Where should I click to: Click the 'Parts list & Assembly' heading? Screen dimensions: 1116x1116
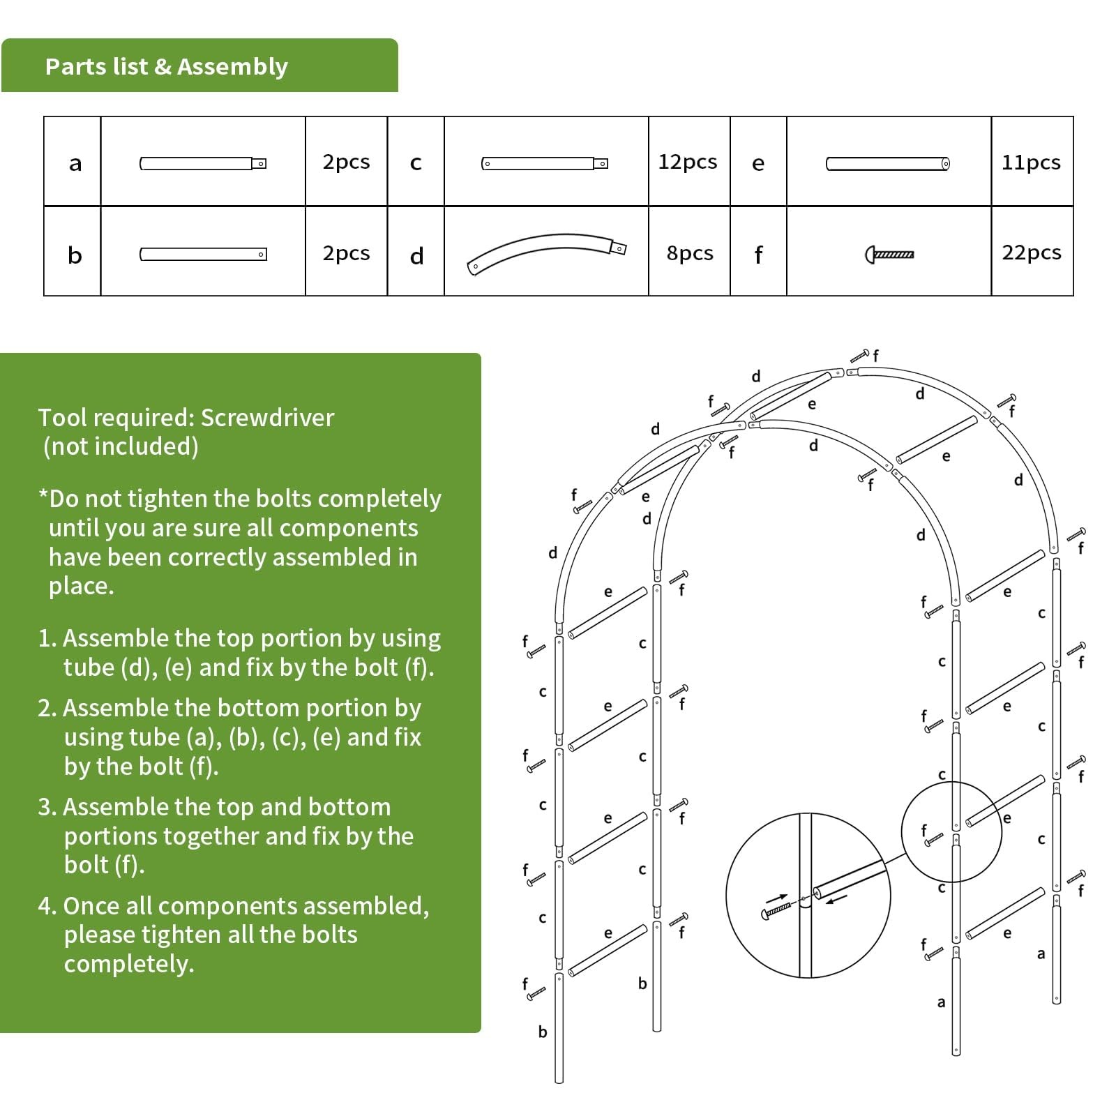[x=166, y=66]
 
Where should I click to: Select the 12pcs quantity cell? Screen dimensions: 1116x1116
[x=687, y=162]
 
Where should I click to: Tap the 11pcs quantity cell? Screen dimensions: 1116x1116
[x=1030, y=163]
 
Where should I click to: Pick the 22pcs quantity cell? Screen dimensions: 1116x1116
[x=1031, y=252]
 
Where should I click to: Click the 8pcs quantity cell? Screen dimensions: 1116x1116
[x=689, y=252]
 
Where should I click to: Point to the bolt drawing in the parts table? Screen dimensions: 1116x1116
[x=889, y=255]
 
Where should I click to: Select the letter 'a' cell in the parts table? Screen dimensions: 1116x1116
[x=75, y=163]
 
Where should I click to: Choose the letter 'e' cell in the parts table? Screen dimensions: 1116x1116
[x=758, y=163]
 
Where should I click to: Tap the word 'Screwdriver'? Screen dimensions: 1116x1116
[x=267, y=418]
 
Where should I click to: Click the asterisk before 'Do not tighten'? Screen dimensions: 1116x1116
[x=43, y=497]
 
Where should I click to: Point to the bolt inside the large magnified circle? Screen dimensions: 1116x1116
[x=776, y=910]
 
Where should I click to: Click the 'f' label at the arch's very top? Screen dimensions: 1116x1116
[x=875, y=355]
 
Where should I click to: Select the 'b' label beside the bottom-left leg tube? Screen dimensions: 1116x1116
[x=543, y=1032]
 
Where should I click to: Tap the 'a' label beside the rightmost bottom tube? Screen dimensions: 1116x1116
[x=1041, y=953]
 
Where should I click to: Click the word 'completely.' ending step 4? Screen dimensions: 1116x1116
[x=129, y=964]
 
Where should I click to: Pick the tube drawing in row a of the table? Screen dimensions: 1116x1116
[x=202, y=164]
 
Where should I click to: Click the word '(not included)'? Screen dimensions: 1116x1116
[x=121, y=446]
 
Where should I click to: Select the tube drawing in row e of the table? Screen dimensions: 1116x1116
[x=887, y=164]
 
